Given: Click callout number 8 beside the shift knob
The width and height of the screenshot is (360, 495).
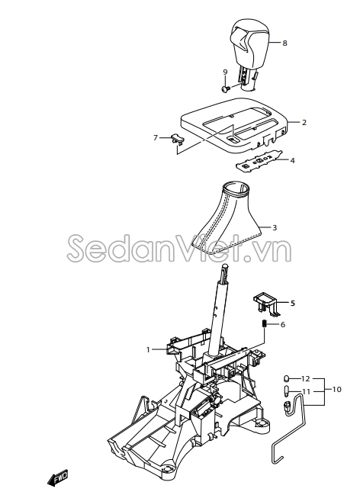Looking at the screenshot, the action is (284, 43).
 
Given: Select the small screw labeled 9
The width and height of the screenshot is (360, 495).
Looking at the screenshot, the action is (225, 90).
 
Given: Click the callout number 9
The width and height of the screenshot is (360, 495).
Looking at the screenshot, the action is (225, 72).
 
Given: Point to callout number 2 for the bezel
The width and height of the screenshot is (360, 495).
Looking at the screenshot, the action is (304, 122).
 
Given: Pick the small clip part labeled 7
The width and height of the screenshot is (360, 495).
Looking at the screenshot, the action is (178, 137).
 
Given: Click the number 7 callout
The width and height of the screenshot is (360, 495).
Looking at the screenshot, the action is (156, 137).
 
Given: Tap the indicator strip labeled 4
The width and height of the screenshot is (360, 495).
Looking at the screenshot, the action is (259, 162).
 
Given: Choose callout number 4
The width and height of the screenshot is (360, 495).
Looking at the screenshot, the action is (292, 160).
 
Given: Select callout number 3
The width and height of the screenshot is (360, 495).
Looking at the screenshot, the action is (275, 227).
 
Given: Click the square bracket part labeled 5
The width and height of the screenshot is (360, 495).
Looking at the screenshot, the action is (266, 302).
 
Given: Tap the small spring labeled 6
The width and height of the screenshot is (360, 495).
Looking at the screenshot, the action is (265, 324).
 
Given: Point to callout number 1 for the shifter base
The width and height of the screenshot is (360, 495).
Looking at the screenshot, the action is (147, 349).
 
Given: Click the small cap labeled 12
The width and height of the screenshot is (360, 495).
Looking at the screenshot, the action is (287, 378).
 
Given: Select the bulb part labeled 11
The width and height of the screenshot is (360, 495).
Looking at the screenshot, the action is (287, 391).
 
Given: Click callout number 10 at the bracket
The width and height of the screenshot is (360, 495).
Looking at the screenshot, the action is (337, 389).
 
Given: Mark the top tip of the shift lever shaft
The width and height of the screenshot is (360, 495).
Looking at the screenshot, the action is (225, 265).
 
